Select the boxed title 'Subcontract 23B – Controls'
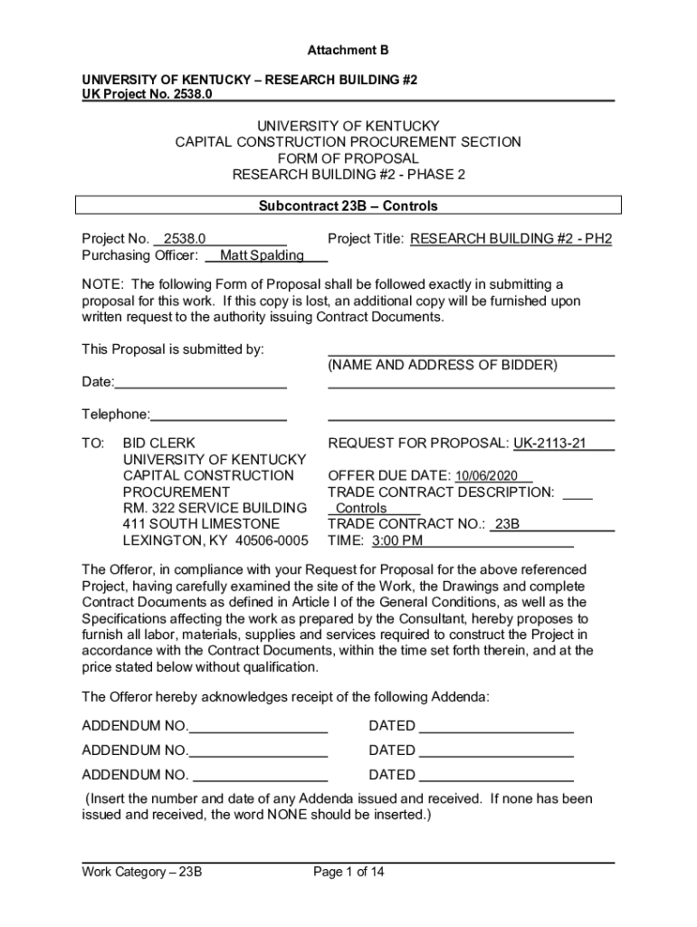tap(348, 205)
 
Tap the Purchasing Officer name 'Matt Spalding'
tap(262, 255)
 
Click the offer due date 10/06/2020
tap(486, 476)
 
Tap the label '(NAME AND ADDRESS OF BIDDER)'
tap(443, 365)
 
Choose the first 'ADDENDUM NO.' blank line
tap(258, 727)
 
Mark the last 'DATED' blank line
tap(496, 776)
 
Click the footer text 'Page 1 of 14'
tap(348, 873)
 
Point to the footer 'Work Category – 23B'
tap(141, 873)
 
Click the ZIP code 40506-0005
tap(271, 541)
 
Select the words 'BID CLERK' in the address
tap(159, 444)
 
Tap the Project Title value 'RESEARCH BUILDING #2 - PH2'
tap(511, 239)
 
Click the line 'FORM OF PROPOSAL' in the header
tap(348, 158)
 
